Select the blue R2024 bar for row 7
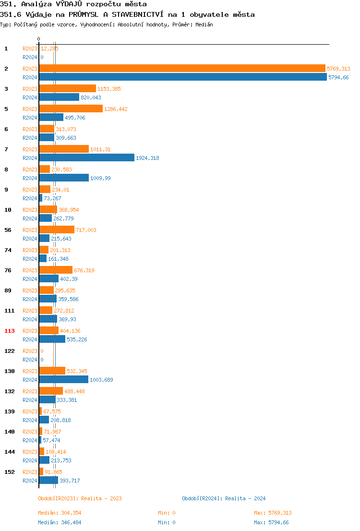coord(87,158)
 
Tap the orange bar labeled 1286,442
coord(71,109)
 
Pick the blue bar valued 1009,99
coord(64,178)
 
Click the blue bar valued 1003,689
coord(63,380)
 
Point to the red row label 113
coord(10,331)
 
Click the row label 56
coord(8,230)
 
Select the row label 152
coord(10,472)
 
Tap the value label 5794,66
coord(338,77)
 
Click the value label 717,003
coord(86,230)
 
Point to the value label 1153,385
coord(109,89)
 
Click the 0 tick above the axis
coord(39,39)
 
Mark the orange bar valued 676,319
coord(56,270)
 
